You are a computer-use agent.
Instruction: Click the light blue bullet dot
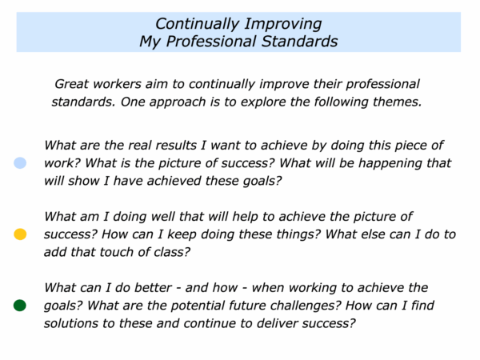point(20,163)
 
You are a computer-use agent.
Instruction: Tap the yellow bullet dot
point(20,234)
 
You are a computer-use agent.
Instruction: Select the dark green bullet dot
point(20,306)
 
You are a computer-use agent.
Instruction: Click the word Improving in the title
point(283,25)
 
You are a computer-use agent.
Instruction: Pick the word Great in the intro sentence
point(72,84)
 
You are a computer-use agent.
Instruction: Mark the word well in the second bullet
point(164,217)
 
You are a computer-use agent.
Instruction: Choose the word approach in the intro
point(178,102)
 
